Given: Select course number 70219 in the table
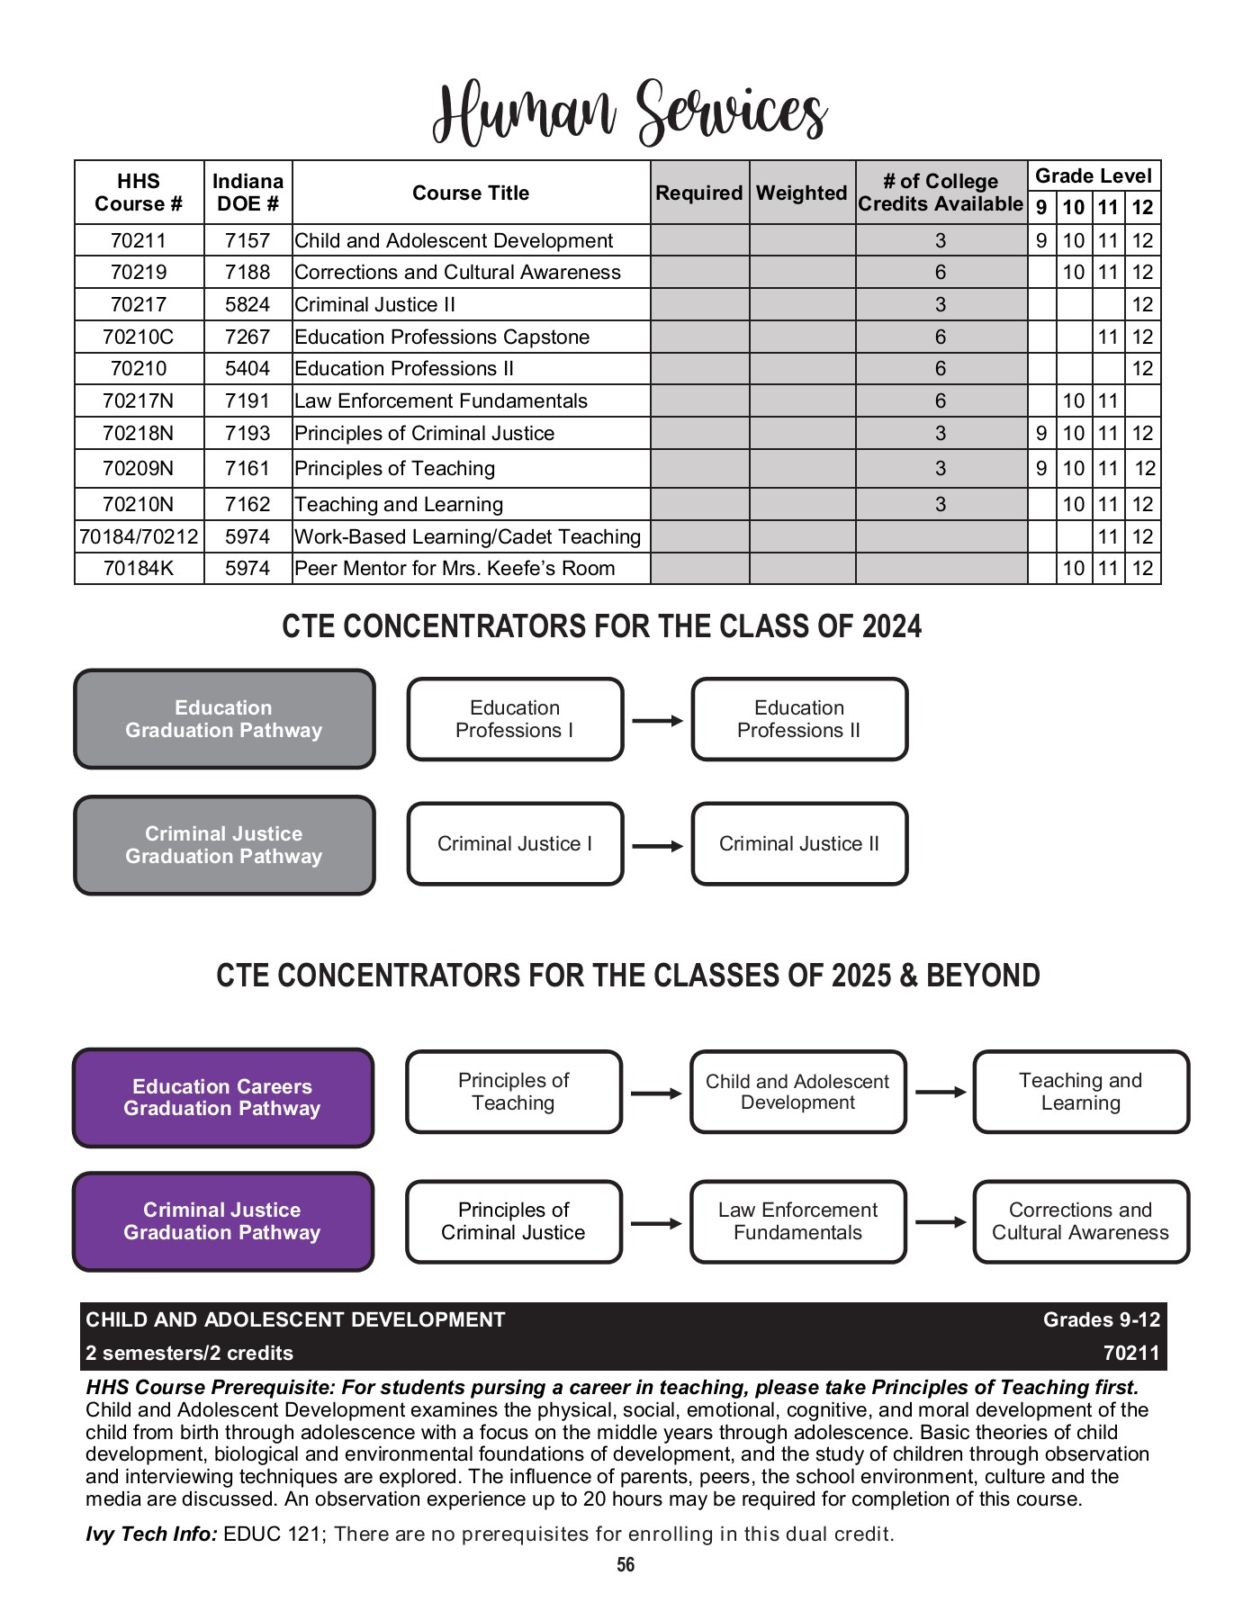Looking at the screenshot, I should point(139,273).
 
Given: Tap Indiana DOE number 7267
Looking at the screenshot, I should point(248,337).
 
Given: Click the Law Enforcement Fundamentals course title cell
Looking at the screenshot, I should point(441,401).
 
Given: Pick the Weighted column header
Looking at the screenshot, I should point(801,193).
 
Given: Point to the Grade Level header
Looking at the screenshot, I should point(1093,176).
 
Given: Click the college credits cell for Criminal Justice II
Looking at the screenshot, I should point(940,305).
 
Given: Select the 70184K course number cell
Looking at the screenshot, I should point(139,569).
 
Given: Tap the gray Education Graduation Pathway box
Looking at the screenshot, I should point(223,719).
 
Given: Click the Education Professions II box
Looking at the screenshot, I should point(798,719).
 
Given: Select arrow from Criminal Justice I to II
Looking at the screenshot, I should point(657,846).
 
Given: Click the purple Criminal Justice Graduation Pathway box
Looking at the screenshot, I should point(222,1221).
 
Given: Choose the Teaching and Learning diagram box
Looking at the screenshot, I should point(1080,1092).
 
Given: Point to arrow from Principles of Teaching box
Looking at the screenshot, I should point(656,1093).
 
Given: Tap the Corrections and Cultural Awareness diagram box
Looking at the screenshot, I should point(1080,1221).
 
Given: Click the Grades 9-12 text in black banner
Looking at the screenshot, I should point(1101,1320).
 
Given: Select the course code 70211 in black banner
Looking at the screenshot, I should point(1130,1354).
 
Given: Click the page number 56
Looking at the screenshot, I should point(626,1565).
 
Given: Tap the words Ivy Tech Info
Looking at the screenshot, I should point(151,1534).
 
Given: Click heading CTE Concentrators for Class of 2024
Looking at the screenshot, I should point(601,626).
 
